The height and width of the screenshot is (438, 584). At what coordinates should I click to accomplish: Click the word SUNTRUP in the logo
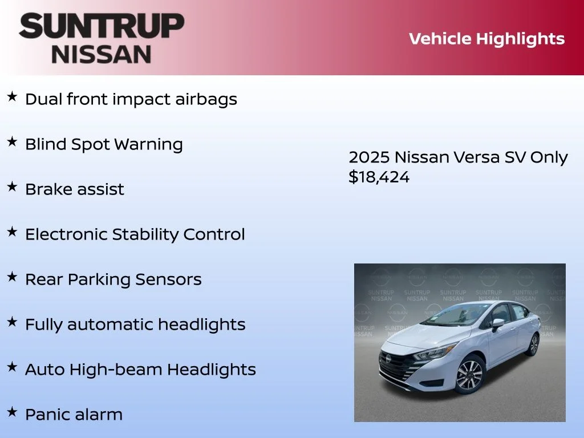102,27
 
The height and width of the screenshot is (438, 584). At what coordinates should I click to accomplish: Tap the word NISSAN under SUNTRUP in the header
102,54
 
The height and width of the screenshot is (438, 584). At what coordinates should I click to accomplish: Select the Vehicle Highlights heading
486,39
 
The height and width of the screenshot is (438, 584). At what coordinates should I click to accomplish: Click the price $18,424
379,177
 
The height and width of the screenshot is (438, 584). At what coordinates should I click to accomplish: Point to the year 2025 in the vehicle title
369,157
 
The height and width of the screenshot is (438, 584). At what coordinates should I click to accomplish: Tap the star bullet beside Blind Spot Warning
12,142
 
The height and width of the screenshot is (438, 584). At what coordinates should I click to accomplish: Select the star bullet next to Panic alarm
12,412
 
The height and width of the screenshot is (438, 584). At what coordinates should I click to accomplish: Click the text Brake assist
74,189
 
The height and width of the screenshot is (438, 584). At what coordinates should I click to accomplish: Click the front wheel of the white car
469,375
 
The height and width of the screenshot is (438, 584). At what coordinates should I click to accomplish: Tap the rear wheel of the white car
534,344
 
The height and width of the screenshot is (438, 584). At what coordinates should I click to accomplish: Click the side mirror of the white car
498,323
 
